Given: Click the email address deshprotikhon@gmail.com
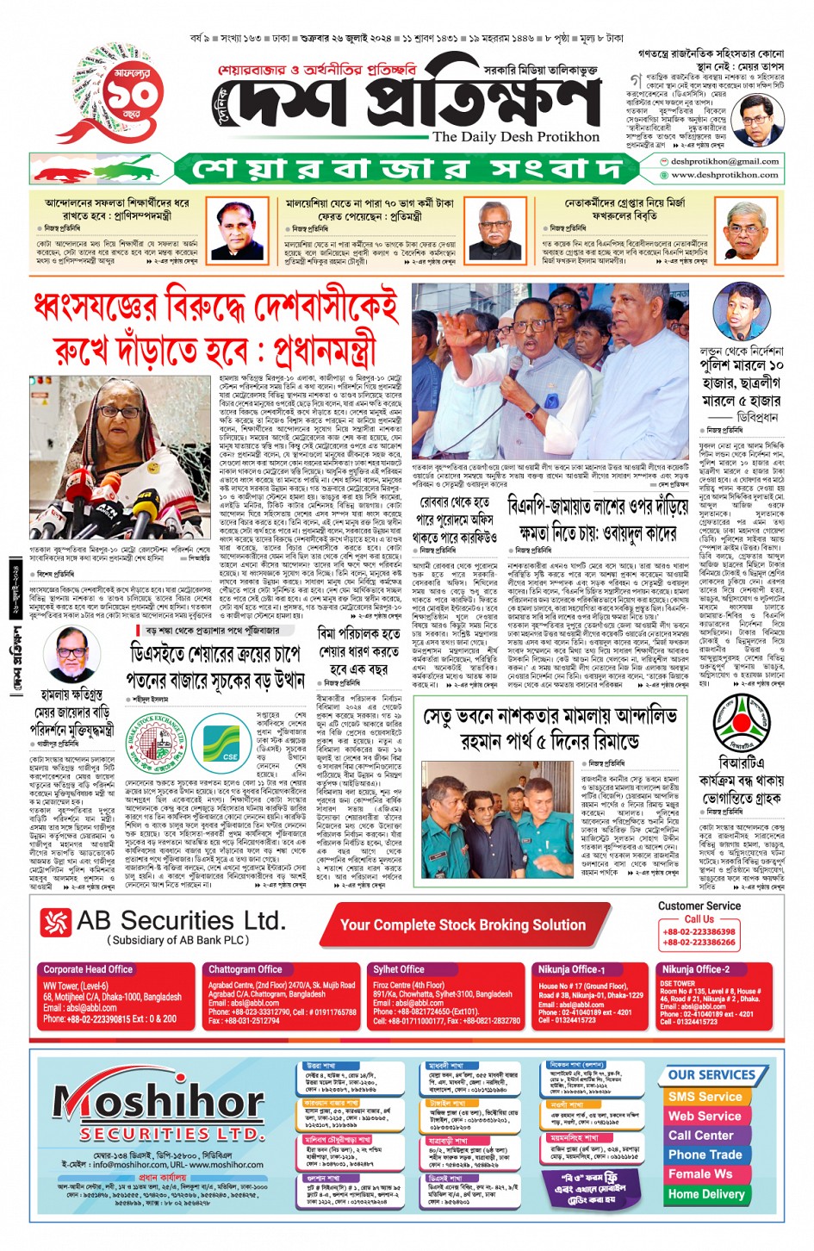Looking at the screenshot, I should (724, 161).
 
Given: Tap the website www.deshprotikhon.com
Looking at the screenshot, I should (724, 175).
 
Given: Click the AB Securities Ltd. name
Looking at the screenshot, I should (180, 921).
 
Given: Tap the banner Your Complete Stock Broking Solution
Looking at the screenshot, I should (463, 924).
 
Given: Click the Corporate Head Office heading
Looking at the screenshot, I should (88, 969).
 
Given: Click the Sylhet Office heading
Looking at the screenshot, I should (398, 969).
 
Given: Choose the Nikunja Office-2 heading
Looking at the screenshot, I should (695, 969).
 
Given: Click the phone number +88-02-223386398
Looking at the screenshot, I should (699, 931).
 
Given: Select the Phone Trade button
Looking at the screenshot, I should (705, 1155).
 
